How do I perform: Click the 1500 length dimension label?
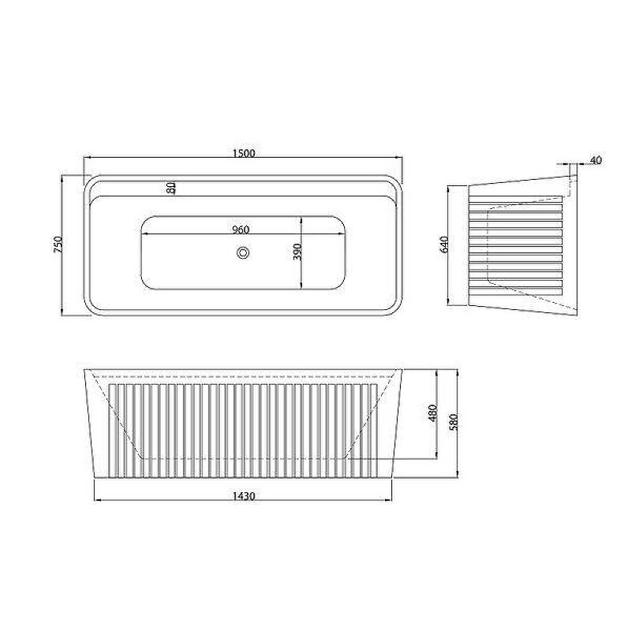point(244,153)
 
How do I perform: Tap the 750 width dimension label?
point(58,245)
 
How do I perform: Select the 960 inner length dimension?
point(241,230)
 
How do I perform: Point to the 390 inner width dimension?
point(297,252)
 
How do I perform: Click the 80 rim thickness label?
point(171,188)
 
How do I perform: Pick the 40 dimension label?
point(596,160)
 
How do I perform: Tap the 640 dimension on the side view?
point(444,245)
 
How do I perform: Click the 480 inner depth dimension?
point(432,413)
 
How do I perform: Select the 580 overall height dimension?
point(454,422)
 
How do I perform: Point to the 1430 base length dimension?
point(244,496)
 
